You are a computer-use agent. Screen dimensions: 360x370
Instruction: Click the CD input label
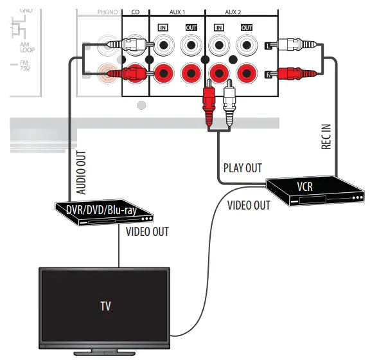tap(136, 12)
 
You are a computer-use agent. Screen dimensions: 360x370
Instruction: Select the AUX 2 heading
tap(233, 12)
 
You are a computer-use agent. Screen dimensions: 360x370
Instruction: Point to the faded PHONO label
tap(108, 12)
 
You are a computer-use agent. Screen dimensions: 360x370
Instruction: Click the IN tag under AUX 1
tap(163, 28)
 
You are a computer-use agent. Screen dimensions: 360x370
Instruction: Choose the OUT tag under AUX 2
tap(246, 28)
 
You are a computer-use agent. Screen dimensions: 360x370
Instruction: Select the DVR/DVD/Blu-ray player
tap(103, 212)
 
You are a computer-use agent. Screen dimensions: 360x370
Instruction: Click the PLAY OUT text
tap(242, 168)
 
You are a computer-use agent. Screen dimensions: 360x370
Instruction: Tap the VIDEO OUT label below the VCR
tap(249, 205)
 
